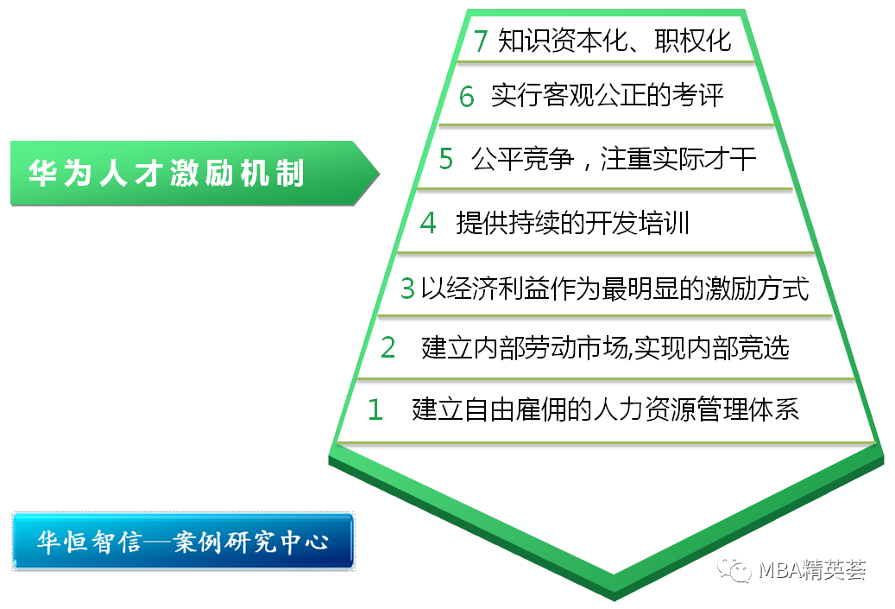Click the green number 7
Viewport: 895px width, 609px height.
tap(481, 41)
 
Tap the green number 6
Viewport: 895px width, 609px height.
tap(467, 96)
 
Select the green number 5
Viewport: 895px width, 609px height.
tap(446, 159)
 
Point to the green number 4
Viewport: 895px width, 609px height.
tap(428, 223)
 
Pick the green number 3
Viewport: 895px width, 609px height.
tap(407, 289)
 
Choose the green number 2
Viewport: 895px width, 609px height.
tap(388, 347)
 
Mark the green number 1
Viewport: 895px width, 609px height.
tap(375, 409)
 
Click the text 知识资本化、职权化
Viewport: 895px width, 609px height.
tap(615, 41)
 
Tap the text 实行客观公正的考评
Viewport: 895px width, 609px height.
tap(608, 95)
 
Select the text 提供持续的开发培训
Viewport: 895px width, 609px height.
tap(572, 223)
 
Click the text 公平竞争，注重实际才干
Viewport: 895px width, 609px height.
tap(614, 159)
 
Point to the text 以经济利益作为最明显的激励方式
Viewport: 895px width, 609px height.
tap(615, 289)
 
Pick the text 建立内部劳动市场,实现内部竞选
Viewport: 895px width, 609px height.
tap(606, 348)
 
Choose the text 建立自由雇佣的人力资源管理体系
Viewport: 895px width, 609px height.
tap(606, 409)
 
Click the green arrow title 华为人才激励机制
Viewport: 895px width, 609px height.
tap(195, 173)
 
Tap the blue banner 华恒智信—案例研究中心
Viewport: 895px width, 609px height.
tap(183, 541)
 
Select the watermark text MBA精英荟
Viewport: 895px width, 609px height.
tap(812, 570)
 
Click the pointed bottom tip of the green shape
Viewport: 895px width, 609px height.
tap(615, 599)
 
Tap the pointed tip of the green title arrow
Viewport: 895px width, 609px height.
tap(379, 173)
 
